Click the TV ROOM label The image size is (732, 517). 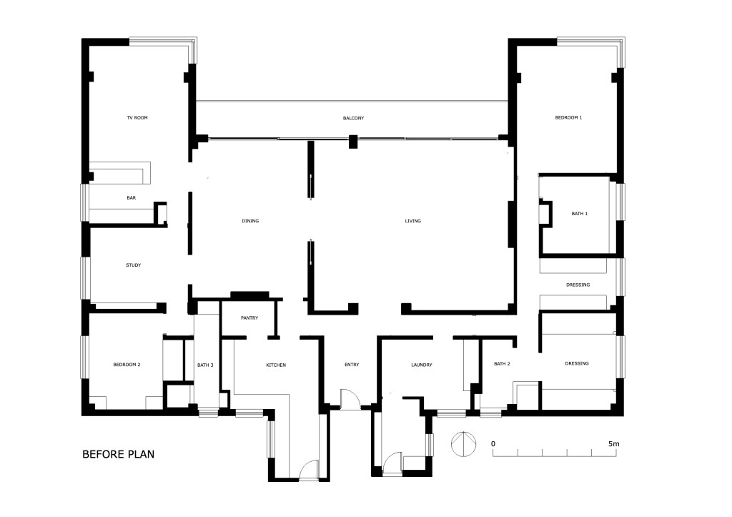tap(137, 118)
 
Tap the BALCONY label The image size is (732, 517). tap(353, 118)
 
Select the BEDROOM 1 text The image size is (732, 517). tap(568, 118)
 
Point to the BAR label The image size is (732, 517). tap(132, 198)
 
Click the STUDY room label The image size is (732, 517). tap(134, 265)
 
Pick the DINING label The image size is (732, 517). tap(250, 221)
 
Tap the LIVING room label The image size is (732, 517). tap(413, 221)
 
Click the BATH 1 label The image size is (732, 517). tap(579, 214)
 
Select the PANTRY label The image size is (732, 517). tap(249, 318)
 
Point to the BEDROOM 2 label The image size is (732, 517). tap(127, 365)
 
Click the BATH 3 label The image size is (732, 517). tap(205, 365)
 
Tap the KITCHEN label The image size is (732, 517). tap(276, 365)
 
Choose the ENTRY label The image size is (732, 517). tap(352, 365)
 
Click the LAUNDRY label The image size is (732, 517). tap(422, 365)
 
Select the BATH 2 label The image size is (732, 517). tap(502, 364)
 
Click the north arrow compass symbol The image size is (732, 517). tap(463, 444)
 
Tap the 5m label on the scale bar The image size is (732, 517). tap(614, 443)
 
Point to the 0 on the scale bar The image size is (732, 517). tap(493, 443)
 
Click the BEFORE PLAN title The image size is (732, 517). tap(118, 454)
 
